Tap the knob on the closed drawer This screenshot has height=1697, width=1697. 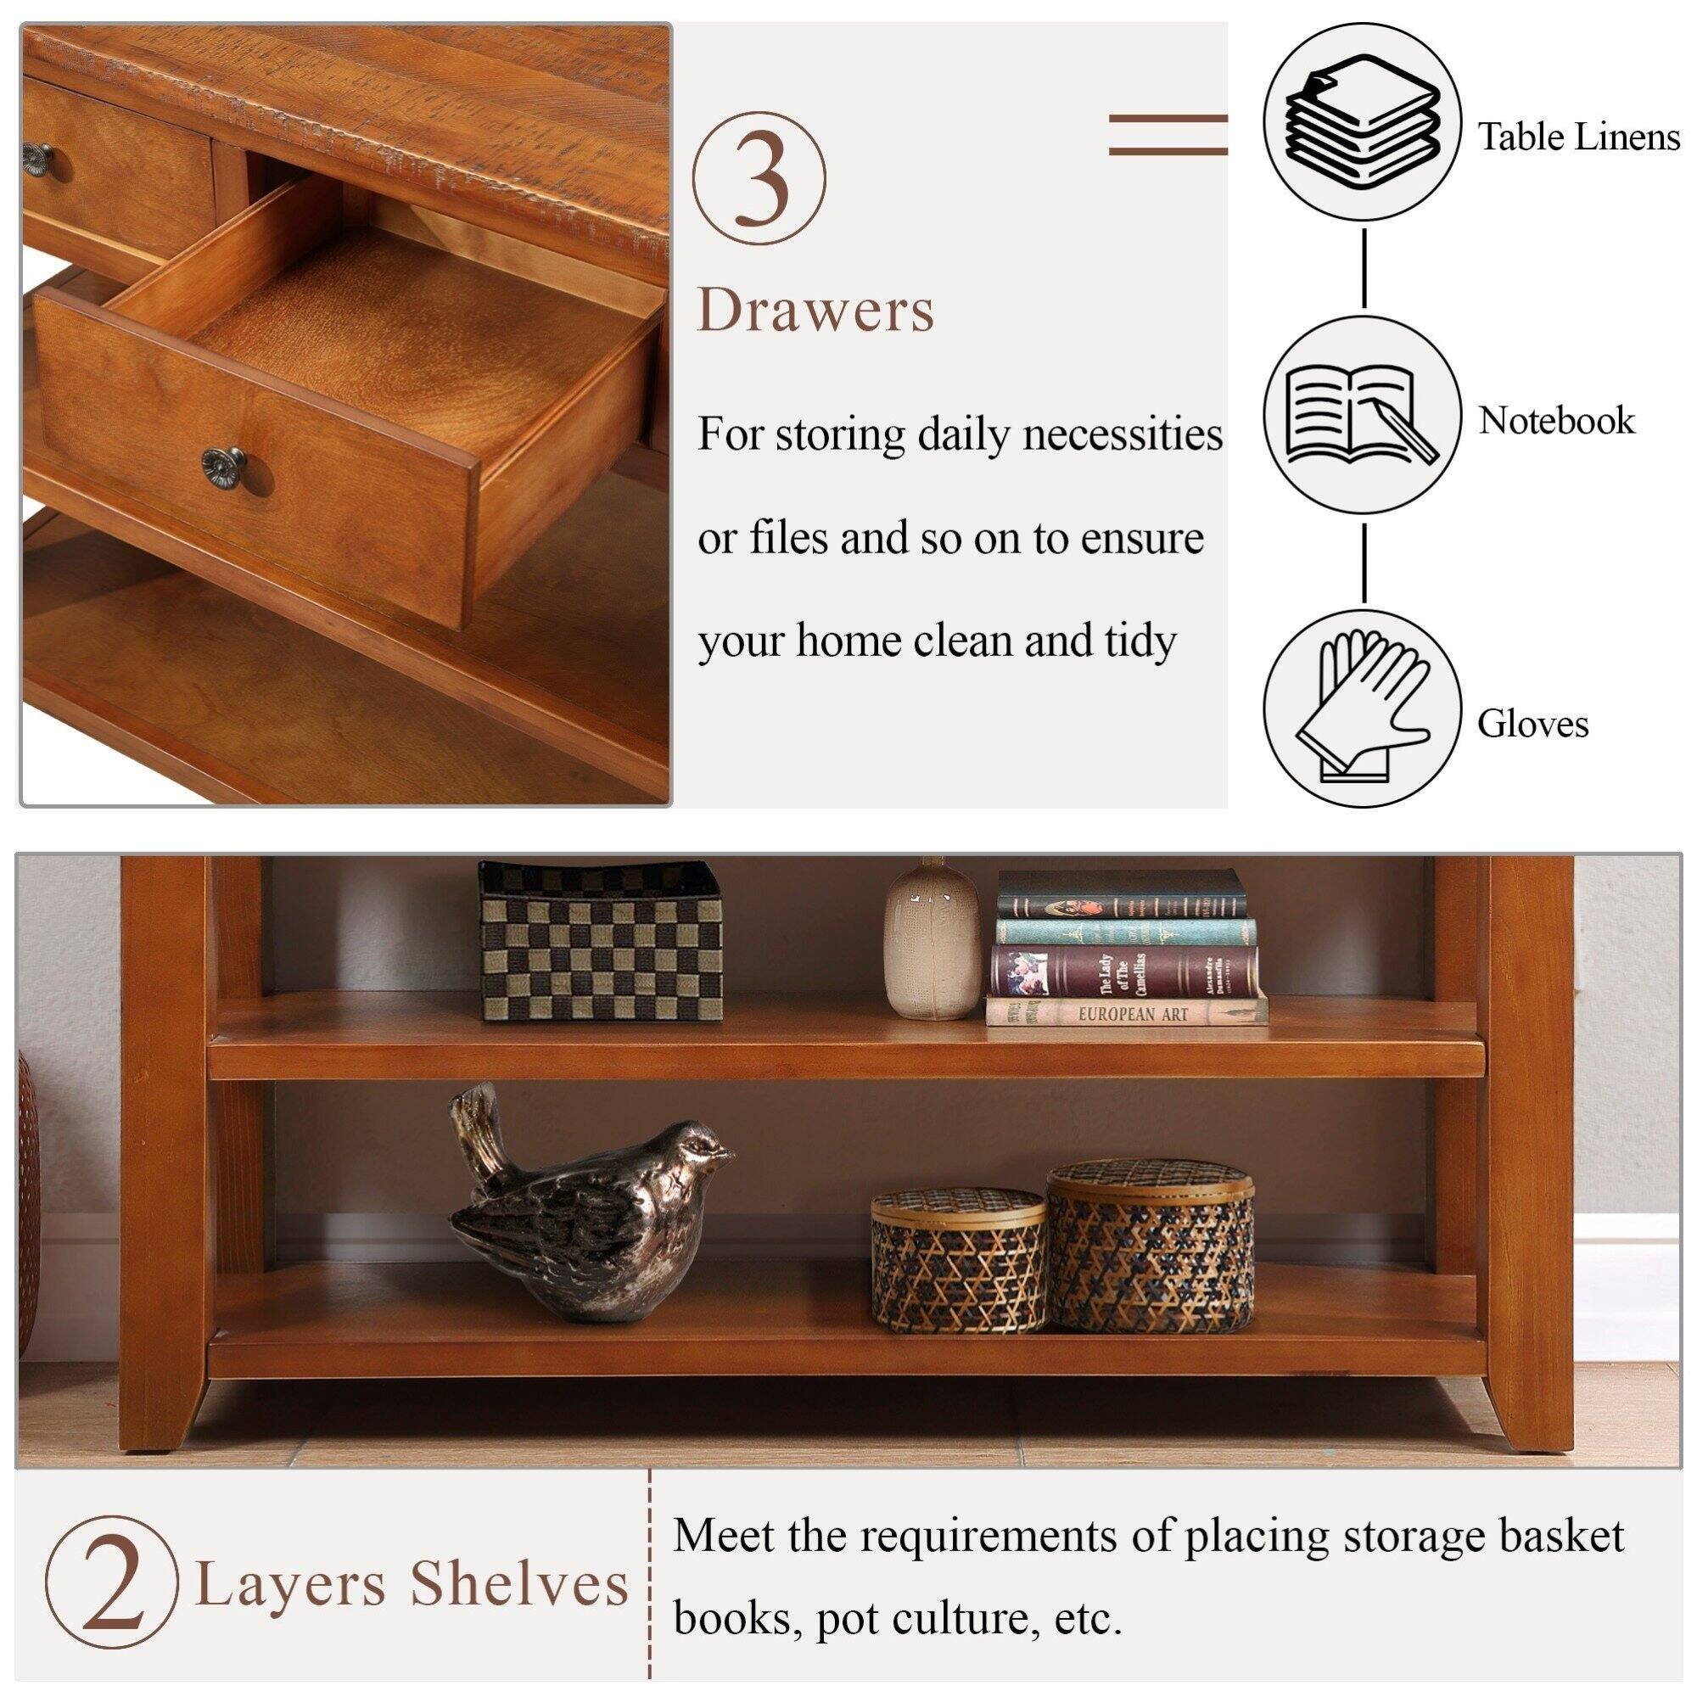36,154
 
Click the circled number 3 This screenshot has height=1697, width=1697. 759,177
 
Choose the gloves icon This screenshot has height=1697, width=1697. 1363,709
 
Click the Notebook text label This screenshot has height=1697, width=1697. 1556,421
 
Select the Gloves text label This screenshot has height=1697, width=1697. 1532,724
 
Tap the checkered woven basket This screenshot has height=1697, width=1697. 602,942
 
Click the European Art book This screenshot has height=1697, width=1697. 1129,1012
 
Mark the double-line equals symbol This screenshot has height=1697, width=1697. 1168,134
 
